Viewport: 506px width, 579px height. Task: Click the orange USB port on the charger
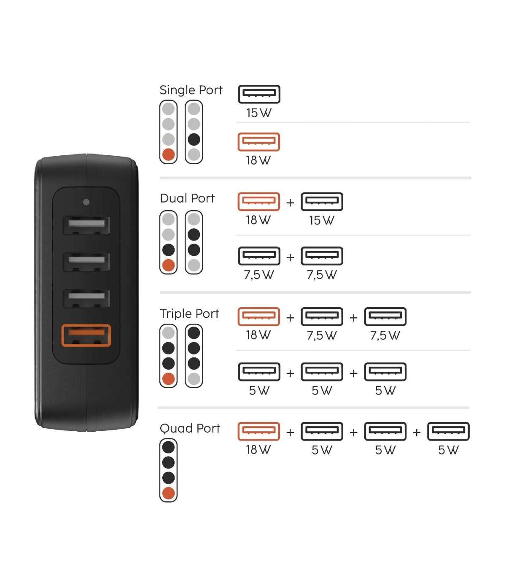pos(86,335)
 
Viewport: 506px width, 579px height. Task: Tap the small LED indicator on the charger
pos(86,202)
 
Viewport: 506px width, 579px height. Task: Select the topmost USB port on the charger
pos(86,225)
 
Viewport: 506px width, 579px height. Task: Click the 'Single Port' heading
pos(191,90)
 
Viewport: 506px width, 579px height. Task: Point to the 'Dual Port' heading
pos(187,198)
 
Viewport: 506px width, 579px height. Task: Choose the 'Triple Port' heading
pos(189,314)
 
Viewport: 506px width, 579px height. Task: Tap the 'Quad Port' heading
pos(190,428)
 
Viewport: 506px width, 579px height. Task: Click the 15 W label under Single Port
pos(258,113)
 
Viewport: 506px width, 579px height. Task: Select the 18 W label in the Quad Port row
pos(258,450)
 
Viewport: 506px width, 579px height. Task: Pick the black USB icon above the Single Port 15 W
pos(259,94)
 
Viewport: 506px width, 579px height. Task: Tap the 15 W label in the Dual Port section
pos(322,220)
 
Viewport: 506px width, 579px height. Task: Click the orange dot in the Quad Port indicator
pos(169,493)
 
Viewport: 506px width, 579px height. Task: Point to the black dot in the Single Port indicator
pos(194,140)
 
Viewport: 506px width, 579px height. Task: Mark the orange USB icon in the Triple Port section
pos(258,317)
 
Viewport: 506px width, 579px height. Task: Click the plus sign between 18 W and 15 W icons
pos(290,203)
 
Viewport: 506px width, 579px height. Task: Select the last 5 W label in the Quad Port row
pos(448,450)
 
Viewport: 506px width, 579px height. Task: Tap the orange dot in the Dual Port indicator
pos(169,265)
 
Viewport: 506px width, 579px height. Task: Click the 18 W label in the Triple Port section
pos(258,335)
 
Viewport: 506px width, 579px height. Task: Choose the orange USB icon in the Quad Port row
pos(258,432)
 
